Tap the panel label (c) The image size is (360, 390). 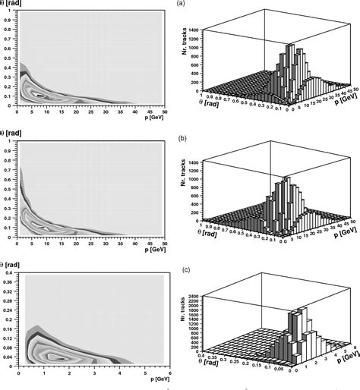[x=180, y=270]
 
